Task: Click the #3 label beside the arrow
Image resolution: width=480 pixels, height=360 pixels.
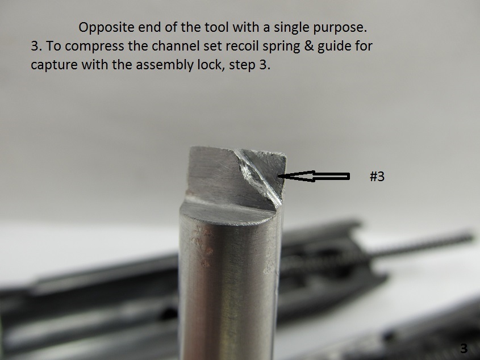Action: tap(377, 177)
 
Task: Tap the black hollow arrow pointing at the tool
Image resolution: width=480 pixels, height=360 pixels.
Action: tap(314, 176)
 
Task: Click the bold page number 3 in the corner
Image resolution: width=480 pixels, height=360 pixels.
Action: tap(464, 349)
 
